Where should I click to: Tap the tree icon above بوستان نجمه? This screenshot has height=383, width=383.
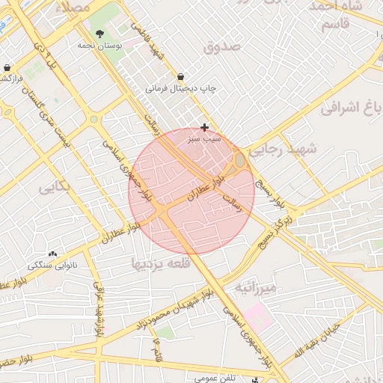point(99,34)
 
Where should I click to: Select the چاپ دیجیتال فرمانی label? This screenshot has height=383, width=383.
point(180,88)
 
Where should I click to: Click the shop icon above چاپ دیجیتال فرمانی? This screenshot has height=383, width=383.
point(181,76)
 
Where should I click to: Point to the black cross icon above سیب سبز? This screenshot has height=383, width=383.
point(205,128)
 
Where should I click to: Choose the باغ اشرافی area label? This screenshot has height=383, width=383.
point(352,108)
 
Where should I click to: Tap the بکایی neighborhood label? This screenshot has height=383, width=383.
point(57,187)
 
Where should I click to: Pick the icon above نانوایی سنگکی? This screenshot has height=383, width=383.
point(52,254)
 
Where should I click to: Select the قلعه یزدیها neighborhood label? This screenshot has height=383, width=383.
point(161,263)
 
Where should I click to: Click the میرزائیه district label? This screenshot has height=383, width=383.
point(256,287)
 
